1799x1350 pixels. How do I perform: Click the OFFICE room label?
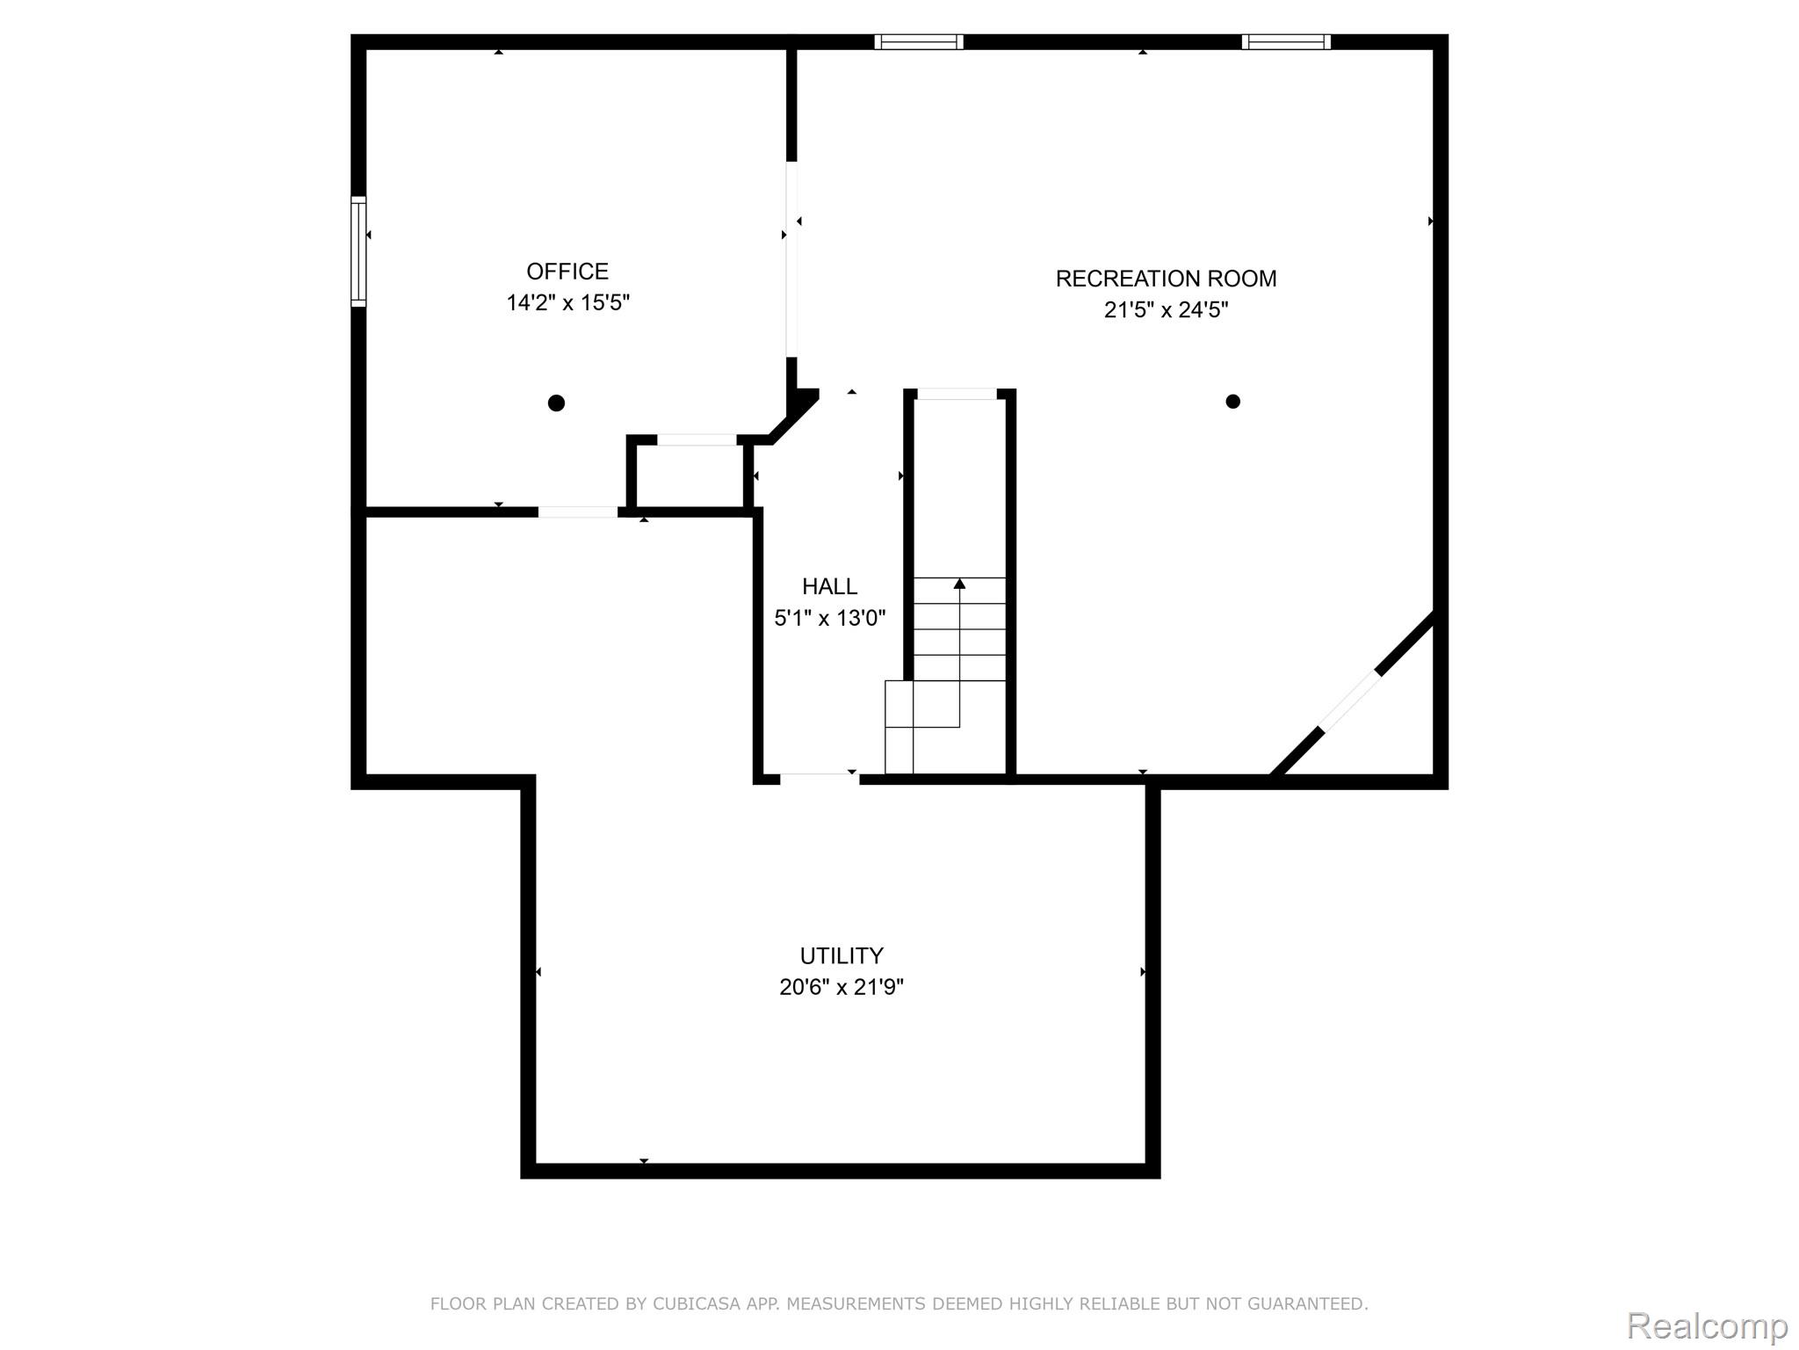click(x=567, y=271)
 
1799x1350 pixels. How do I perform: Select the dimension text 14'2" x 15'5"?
click(x=567, y=303)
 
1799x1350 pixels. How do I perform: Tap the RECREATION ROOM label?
click(x=1166, y=279)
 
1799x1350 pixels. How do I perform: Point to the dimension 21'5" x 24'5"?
click(x=1166, y=310)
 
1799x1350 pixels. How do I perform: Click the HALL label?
click(x=829, y=586)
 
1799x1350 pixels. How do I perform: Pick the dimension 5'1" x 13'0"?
click(x=829, y=618)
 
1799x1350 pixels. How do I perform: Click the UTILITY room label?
click(x=841, y=955)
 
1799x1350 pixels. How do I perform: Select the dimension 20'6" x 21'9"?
click(x=841, y=987)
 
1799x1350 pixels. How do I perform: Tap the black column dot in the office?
click(x=556, y=403)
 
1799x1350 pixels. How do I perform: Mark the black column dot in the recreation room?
click(x=1232, y=402)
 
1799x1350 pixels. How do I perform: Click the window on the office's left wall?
click(x=358, y=251)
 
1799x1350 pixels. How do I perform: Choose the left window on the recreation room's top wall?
click(x=919, y=42)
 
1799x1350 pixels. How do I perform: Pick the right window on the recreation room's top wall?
click(x=1286, y=42)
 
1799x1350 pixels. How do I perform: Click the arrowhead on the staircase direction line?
click(x=959, y=584)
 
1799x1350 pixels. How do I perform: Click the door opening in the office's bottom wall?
click(x=577, y=512)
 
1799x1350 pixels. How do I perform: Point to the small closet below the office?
click(x=690, y=475)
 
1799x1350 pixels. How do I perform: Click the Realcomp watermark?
click(x=1707, y=1325)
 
